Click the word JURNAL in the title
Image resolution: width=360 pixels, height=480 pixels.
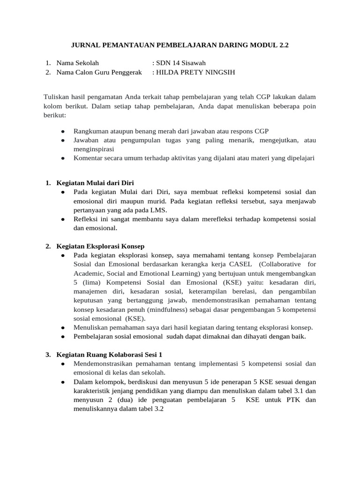[x=83, y=46]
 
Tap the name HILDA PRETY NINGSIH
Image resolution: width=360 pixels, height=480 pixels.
[x=195, y=72]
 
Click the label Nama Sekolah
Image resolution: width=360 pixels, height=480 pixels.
[x=77, y=63]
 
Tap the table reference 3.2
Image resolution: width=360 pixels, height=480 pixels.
[x=156, y=409]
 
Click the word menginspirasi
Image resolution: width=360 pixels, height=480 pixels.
[x=94, y=149]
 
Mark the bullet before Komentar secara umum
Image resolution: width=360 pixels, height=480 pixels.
[x=63, y=158]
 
